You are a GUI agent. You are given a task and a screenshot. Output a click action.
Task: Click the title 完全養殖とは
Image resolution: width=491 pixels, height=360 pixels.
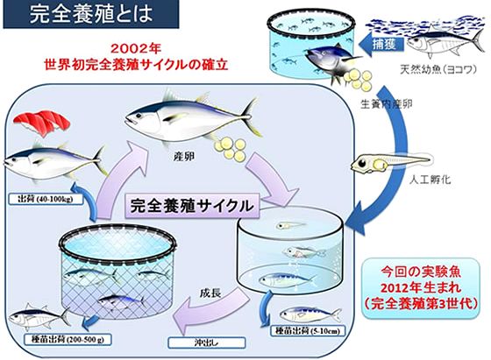coord(91,14)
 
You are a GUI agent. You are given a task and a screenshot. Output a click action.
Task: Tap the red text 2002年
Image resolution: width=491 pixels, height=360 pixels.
coord(135,48)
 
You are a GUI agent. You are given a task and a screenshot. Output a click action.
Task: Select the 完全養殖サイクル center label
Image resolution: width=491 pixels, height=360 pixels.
coord(192,206)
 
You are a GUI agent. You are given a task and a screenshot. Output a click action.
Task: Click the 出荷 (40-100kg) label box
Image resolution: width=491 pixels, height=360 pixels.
coord(46,199)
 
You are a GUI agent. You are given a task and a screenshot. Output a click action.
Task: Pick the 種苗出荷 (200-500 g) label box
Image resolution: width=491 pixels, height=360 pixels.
coord(68,340)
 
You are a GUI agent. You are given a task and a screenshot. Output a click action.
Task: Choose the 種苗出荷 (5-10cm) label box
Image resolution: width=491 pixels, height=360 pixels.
coord(308,331)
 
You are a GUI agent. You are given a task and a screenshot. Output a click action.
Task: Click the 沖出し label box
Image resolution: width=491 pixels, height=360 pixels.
coord(206,342)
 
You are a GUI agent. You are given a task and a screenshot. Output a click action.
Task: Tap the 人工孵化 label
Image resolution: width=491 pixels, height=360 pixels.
coord(431,180)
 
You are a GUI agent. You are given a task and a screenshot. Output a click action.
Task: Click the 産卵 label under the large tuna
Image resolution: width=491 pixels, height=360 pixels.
coord(184,157)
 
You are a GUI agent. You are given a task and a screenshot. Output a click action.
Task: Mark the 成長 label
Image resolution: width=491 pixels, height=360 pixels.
coord(210,293)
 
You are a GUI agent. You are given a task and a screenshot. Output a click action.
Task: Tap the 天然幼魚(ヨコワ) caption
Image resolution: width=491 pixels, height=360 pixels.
coord(438,69)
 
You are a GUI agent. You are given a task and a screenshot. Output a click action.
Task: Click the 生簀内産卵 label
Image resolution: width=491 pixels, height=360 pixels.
coord(387,104)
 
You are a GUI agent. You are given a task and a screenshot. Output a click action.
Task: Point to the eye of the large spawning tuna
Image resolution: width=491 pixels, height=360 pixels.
coord(139,116)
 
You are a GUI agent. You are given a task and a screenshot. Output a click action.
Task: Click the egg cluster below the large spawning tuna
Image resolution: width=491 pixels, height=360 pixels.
coord(230,150)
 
